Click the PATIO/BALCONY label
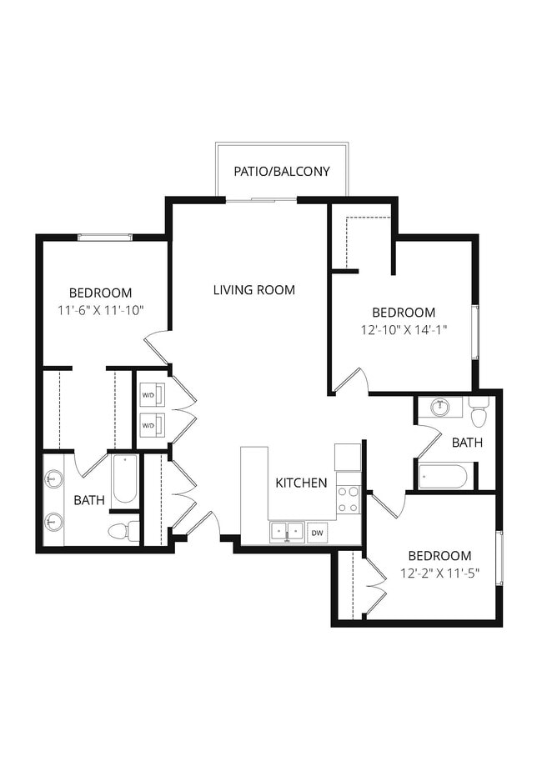click(281, 172)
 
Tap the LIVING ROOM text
click(253, 290)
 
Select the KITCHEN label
click(301, 483)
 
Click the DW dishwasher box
click(317, 532)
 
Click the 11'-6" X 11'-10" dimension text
click(101, 310)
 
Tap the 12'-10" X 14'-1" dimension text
click(404, 329)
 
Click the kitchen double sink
click(285, 532)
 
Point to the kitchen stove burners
click(348, 498)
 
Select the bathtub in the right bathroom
click(443, 477)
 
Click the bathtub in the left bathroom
click(124, 478)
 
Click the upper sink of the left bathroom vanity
click(54, 479)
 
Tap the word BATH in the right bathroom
click(466, 443)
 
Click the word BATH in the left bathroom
click(89, 501)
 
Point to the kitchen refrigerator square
click(348, 457)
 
